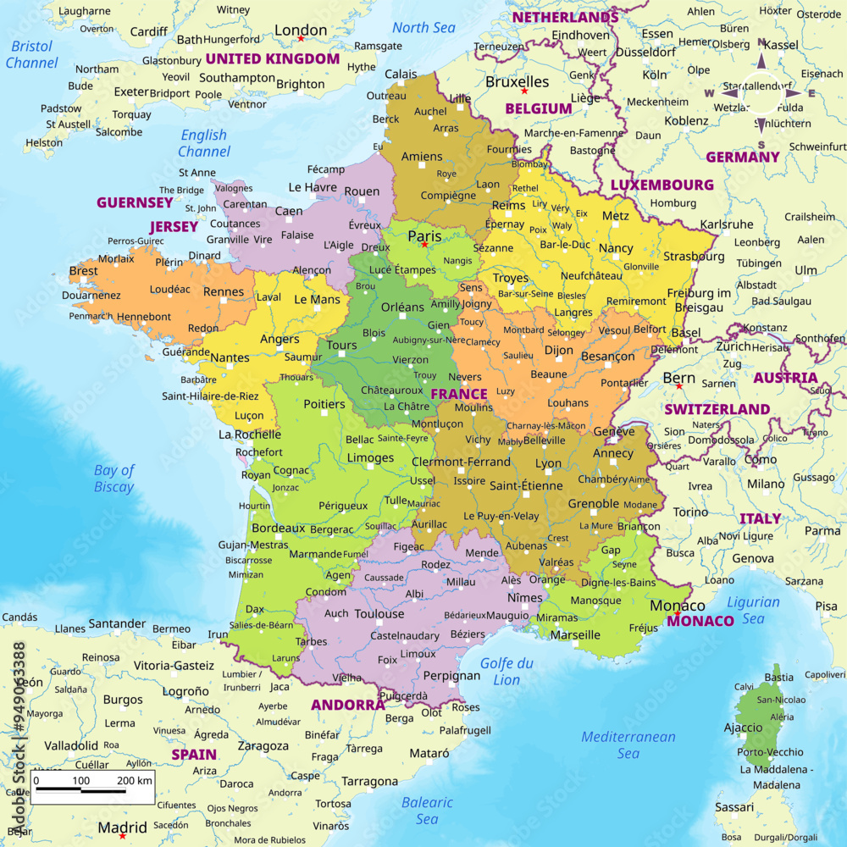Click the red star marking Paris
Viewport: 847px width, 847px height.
[424, 245]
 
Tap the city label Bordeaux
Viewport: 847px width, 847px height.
[278, 528]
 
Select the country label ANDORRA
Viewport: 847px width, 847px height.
[347, 705]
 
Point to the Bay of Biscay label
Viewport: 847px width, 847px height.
[114, 479]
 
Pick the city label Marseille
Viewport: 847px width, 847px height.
[575, 634]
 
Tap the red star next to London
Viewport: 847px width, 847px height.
[300, 39]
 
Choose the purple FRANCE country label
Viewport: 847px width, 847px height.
[459, 394]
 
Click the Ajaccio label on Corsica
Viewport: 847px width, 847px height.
[743, 728]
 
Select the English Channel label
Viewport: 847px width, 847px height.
[204, 143]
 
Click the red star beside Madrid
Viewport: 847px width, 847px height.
[123, 836]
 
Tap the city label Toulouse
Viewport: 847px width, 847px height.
[379, 613]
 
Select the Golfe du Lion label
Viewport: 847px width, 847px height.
[507, 671]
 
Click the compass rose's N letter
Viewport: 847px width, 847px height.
[761, 45]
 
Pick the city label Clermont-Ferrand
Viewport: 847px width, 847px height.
[461, 462]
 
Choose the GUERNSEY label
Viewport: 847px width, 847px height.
[135, 202]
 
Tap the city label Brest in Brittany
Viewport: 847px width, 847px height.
[83, 271]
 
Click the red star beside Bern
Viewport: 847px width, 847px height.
[678, 386]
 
